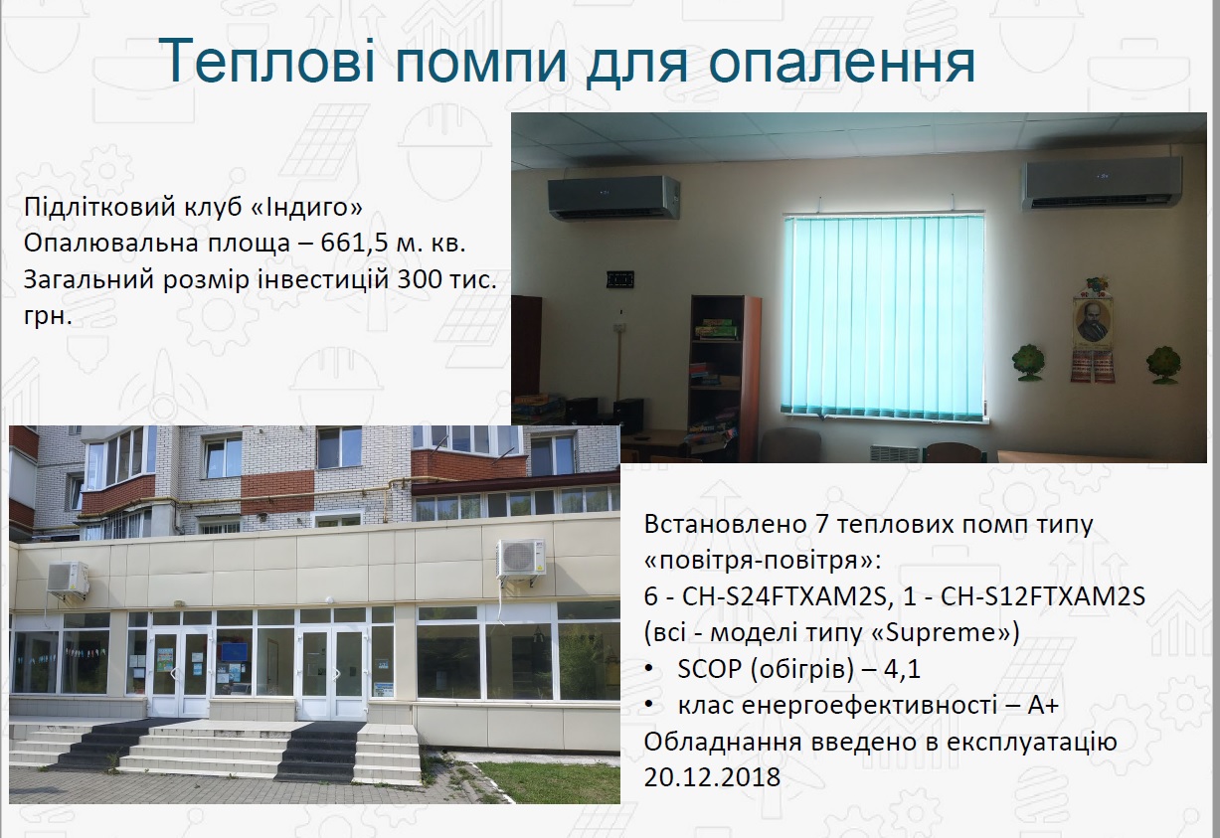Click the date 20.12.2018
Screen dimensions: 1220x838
(712, 777)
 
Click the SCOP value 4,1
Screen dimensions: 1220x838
(903, 669)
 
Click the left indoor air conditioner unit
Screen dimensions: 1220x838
(613, 197)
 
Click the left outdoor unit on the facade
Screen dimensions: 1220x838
(68, 579)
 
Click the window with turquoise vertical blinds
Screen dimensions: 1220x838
(883, 314)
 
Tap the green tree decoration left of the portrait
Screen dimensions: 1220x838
(1028, 362)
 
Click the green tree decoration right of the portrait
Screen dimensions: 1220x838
(1163, 366)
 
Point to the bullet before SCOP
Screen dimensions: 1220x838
(649, 670)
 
